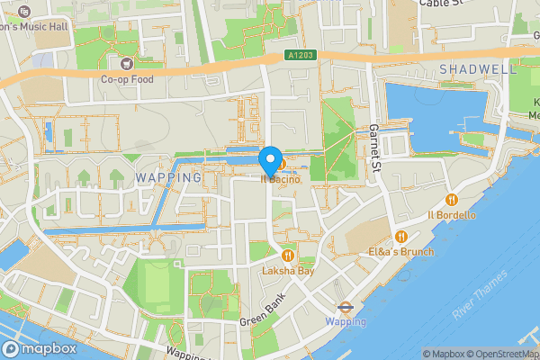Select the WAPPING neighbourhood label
point(168,177)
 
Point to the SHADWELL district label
point(479,69)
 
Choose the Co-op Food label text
point(127,79)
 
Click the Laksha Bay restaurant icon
point(287,255)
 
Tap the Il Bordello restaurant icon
point(452,199)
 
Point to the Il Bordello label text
point(451,214)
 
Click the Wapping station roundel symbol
point(346,306)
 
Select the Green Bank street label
point(261,309)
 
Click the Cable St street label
point(441,4)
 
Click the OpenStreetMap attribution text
point(499,354)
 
